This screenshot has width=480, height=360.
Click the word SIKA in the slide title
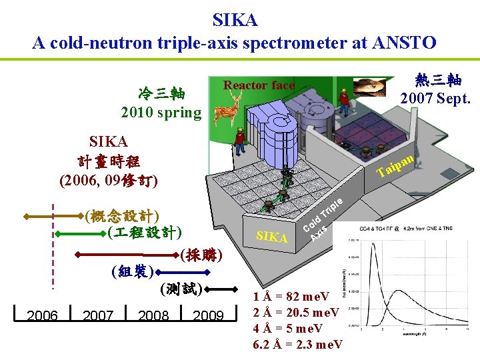tap(235, 20)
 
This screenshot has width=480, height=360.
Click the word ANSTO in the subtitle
tap(407, 43)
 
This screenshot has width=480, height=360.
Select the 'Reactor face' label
tap(259, 85)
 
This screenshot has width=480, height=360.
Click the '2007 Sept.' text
tap(435, 98)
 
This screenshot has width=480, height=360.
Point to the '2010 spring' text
tap(161, 112)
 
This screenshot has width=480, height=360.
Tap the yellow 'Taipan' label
tap(397, 167)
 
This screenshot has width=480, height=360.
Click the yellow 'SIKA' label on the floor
tap(272, 237)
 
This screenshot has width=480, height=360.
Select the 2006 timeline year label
tap(43, 315)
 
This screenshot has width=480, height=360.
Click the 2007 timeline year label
tap(98, 315)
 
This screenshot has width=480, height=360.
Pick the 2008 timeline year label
tap(153, 315)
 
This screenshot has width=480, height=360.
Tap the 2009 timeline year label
tap(208, 315)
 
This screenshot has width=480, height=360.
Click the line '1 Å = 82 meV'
tap(291, 297)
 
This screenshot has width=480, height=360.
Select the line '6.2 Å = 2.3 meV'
tap(298, 344)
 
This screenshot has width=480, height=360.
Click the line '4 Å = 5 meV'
tap(287, 328)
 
